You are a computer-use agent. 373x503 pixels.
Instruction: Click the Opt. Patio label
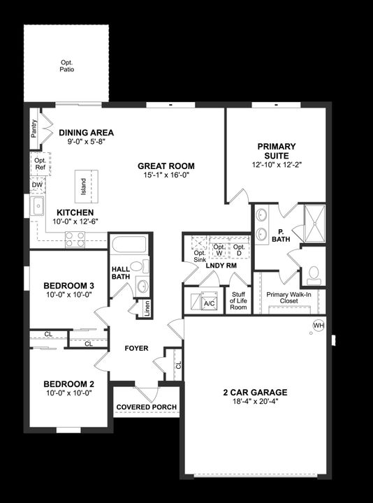[x=66, y=66]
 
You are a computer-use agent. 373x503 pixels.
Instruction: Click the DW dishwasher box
[x=36, y=185]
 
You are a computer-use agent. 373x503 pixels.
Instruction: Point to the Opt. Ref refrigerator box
[x=39, y=165]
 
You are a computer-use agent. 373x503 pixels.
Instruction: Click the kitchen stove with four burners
[x=75, y=240]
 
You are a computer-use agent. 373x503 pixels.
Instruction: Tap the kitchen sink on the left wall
[x=37, y=206]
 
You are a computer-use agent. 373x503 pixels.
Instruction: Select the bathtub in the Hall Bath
[x=129, y=245]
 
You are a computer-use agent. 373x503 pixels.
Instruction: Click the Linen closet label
[x=147, y=308]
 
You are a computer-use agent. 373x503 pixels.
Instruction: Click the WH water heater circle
[x=319, y=326]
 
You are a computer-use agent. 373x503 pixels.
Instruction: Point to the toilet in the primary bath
[x=314, y=272]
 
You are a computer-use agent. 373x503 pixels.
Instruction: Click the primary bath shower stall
[x=314, y=222]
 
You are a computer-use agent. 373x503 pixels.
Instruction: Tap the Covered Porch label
[x=146, y=407]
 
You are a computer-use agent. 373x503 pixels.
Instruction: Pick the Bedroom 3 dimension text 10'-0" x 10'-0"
[x=68, y=296]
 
